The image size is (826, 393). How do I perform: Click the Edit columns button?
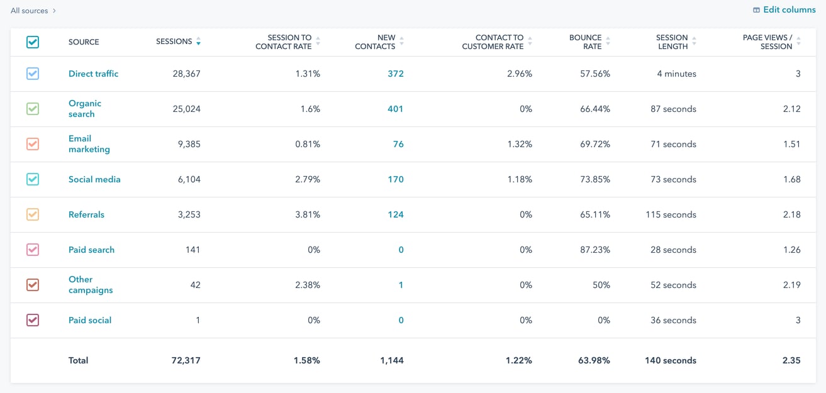click(784, 10)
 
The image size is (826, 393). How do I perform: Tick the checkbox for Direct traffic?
click(33, 74)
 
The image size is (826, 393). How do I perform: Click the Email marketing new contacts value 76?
click(398, 144)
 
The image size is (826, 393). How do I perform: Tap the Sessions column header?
click(174, 42)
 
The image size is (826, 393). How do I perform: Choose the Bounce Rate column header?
click(585, 42)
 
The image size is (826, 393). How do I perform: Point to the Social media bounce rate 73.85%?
click(594, 179)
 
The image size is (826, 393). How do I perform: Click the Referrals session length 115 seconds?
click(671, 214)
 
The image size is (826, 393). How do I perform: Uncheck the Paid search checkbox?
click(33, 250)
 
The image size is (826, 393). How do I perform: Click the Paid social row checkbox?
click(33, 320)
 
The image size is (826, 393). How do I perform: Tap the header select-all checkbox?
click(33, 42)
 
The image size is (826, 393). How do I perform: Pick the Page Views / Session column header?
click(767, 42)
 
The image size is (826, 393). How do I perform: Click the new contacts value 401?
click(395, 109)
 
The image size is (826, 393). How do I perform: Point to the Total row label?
click(79, 360)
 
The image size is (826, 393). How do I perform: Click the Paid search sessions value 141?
click(193, 250)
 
